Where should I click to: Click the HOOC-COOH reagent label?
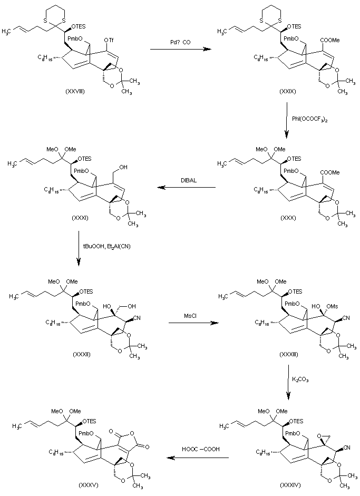[198, 450]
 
